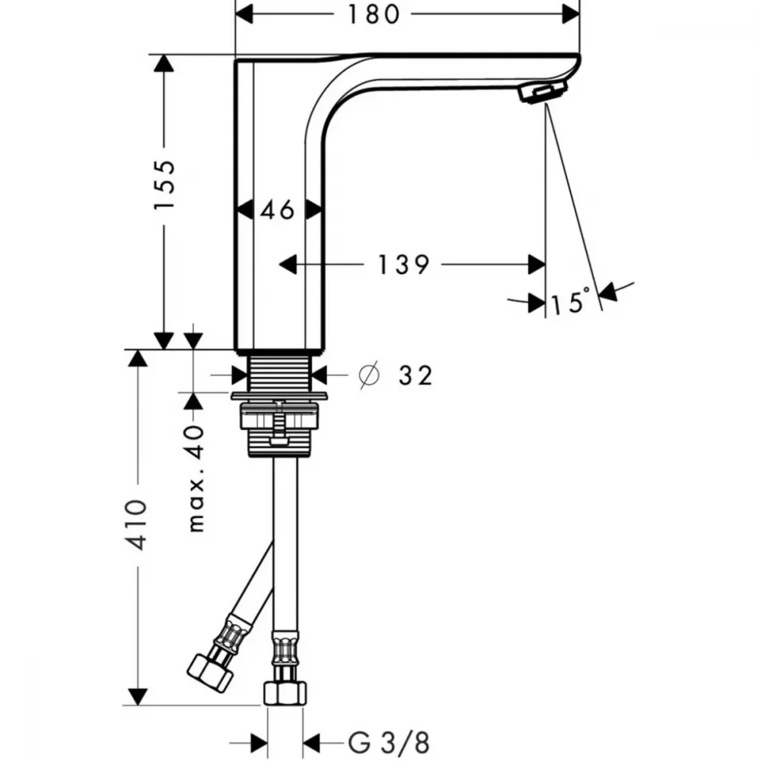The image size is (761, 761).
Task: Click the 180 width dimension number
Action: pos(374,14)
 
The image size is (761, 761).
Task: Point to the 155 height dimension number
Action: pos(164,184)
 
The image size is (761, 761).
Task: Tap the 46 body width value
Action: pos(278,210)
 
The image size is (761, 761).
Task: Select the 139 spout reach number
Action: pos(403,265)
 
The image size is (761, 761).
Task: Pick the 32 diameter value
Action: pos(416,375)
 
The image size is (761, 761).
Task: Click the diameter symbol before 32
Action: pos(369,374)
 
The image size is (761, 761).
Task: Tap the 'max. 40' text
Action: pos(196,479)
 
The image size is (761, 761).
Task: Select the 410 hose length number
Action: pos(136,524)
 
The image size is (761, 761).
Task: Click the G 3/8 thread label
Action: pos(389,743)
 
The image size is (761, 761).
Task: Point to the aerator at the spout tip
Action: pos(543,91)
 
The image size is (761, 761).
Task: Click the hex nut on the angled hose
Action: pos(210,673)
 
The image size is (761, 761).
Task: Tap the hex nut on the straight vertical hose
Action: pos(285,693)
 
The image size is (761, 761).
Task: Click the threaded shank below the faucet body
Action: pos(279,373)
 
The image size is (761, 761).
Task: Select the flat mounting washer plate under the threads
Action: pos(279,396)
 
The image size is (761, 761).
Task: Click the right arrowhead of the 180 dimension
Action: pos(571,14)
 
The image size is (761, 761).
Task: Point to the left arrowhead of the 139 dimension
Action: pos(288,265)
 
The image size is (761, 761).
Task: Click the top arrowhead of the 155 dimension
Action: pos(164,63)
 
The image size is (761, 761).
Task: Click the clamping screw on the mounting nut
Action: pos(279,423)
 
